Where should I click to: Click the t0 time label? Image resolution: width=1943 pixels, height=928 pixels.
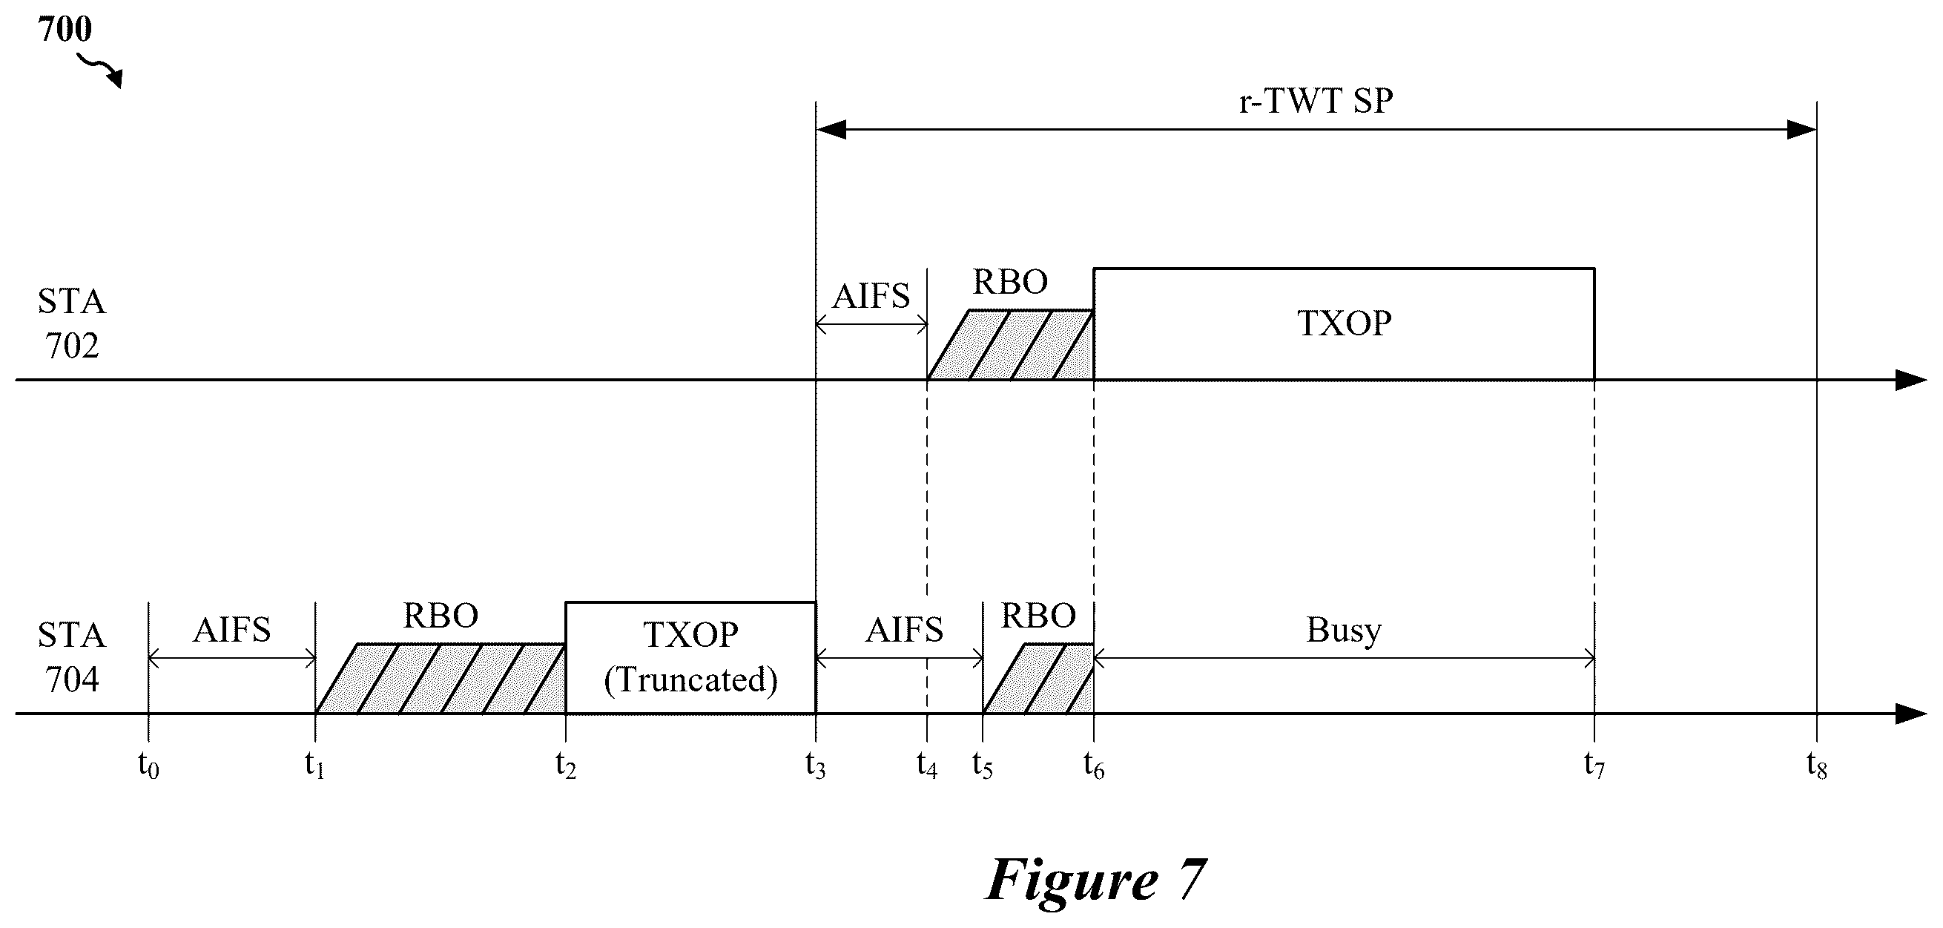tap(148, 766)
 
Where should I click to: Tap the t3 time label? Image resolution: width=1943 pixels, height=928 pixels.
tap(815, 766)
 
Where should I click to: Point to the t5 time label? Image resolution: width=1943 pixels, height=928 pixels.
tap(983, 766)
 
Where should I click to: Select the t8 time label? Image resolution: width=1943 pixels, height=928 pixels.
tap(1817, 766)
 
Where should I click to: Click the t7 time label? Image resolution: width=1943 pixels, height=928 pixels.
tap(1594, 766)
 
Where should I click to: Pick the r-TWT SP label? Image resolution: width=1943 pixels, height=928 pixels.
tap(1316, 100)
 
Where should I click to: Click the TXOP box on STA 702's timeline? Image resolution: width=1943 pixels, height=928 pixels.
tap(1344, 323)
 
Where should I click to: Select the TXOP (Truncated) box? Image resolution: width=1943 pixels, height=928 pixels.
tap(690, 657)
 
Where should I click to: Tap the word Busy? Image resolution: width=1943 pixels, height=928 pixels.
tap(1343, 630)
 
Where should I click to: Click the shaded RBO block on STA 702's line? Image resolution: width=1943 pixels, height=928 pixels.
tap(1011, 345)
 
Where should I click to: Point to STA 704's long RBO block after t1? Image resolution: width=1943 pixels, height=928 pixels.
tap(441, 678)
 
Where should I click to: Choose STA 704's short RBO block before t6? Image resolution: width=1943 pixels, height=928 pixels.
tap(1039, 678)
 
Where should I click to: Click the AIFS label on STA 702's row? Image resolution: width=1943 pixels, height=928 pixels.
tap(871, 296)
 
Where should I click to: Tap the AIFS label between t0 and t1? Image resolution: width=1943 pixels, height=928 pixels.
tap(231, 629)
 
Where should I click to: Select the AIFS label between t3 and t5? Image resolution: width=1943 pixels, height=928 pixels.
tap(903, 629)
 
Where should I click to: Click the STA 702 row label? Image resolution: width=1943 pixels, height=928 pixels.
tap(72, 323)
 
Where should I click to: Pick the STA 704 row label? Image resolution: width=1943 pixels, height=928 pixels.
tap(72, 657)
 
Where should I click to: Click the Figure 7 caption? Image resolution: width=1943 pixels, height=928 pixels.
tap(1096, 880)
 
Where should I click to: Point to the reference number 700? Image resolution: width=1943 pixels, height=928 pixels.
tap(65, 29)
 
